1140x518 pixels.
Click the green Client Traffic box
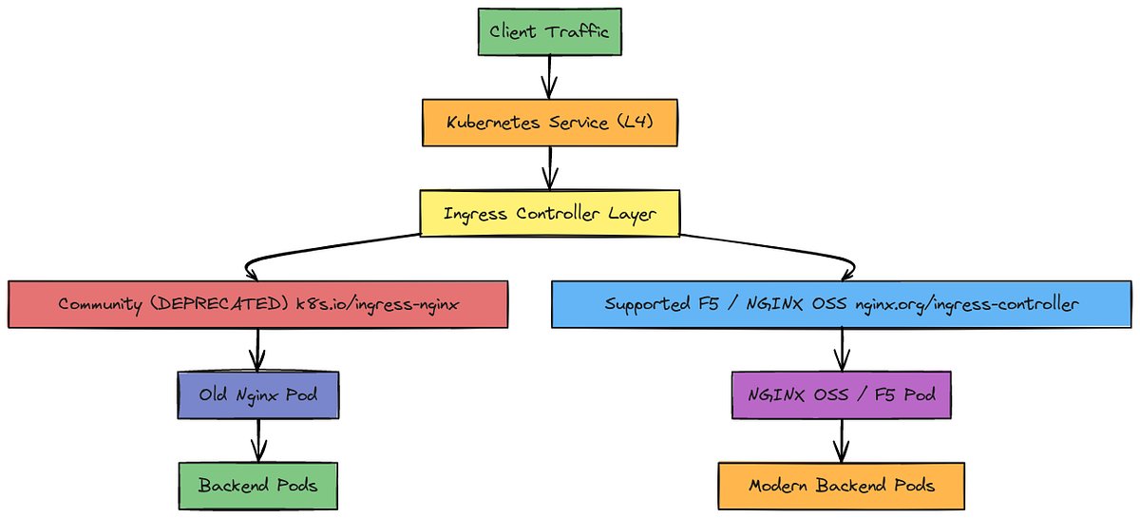[548, 31]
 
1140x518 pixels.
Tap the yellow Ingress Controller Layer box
[548, 213]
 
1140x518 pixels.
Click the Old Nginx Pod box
[257, 394]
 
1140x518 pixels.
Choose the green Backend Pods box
[257, 485]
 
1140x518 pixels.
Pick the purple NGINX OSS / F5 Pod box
[841, 394]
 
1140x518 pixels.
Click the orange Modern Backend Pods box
[841, 485]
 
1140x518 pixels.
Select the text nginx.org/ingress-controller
[966, 304]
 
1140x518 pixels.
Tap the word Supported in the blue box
[647, 304]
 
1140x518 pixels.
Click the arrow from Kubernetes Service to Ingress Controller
[548, 168]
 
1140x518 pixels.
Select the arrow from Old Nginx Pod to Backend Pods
[257, 440]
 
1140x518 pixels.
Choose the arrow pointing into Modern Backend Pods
[841, 440]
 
